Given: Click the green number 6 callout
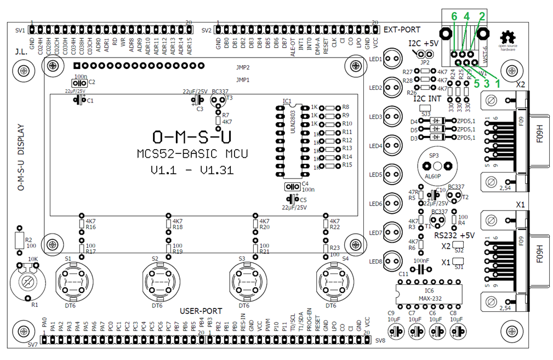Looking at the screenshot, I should click(454, 17).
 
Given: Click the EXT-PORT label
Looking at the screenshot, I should click(402, 30).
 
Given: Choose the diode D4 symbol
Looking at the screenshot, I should click(437, 121).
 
